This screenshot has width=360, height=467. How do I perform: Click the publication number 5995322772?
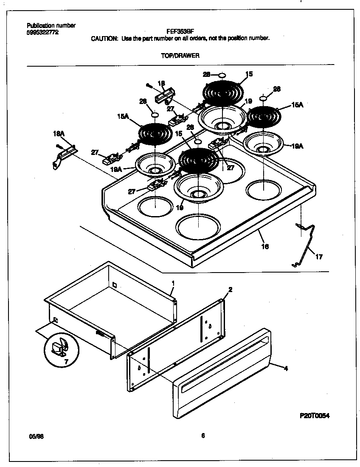tap(42, 32)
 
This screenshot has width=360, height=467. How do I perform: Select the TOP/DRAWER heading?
tap(180, 56)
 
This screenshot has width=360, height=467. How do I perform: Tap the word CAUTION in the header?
tap(104, 38)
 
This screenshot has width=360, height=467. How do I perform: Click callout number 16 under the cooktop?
tap(265, 246)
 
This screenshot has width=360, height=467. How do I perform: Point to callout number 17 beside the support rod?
tap(319, 256)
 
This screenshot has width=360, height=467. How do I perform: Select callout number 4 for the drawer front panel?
tap(286, 369)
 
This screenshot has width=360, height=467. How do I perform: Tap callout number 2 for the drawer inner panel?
tap(230, 290)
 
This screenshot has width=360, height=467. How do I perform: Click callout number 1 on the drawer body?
tap(173, 282)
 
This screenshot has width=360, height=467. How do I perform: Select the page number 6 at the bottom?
tap(203, 435)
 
